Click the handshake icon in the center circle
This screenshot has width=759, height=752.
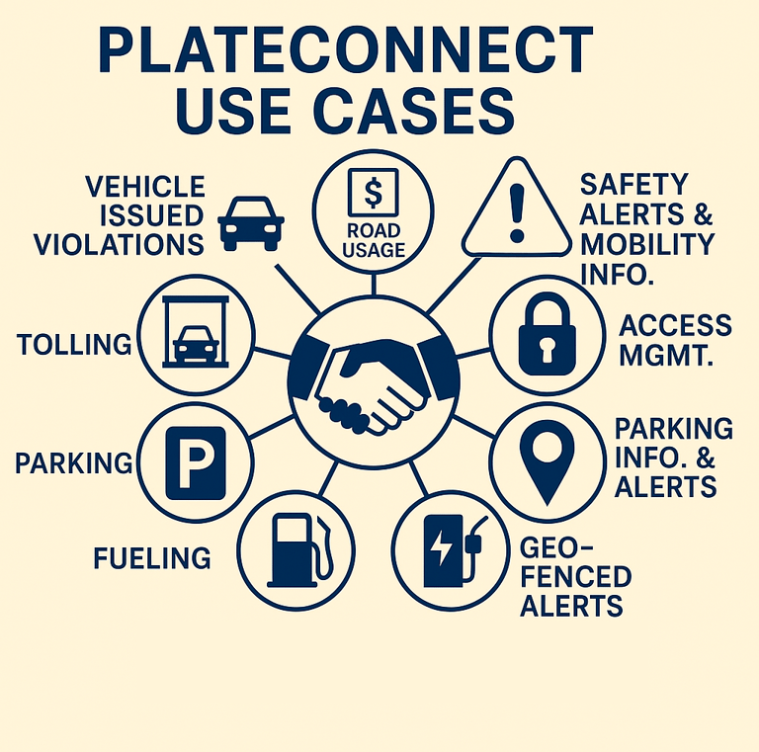[x=373, y=378]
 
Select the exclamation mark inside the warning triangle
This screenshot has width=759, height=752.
[x=514, y=212]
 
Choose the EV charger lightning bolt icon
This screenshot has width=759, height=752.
[x=438, y=546]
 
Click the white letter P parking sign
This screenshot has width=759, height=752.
[x=196, y=461]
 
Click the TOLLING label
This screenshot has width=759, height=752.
[x=74, y=344]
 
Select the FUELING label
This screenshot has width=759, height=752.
[x=151, y=558]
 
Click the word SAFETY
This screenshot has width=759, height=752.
[x=633, y=184]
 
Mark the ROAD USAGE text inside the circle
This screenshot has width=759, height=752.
[x=373, y=240]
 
